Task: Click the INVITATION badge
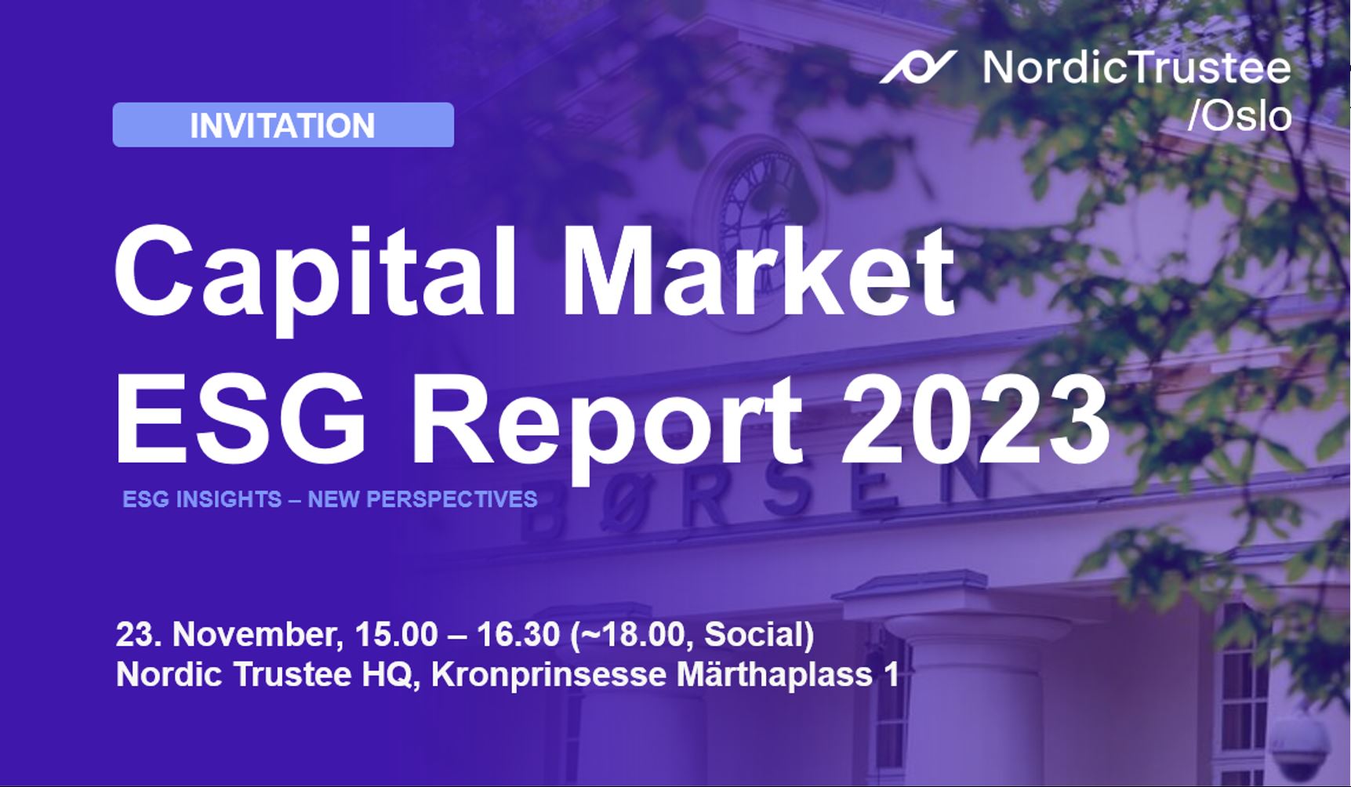(x=283, y=125)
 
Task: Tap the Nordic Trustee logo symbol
(x=917, y=67)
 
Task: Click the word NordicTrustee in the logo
(x=1136, y=67)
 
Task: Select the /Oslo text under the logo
(x=1239, y=117)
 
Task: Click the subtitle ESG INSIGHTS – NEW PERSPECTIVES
(x=329, y=499)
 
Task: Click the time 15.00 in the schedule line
(x=396, y=635)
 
